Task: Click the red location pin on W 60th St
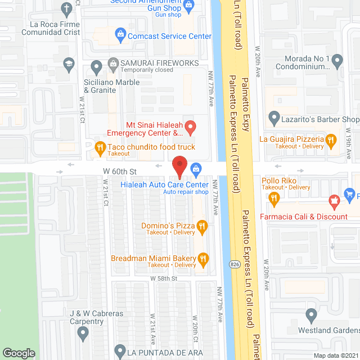pos(179,167)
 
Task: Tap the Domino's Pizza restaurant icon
pos(202,226)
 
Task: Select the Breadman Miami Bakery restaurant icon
pos(204,259)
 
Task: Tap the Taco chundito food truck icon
pos(100,147)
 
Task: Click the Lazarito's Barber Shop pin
pos(274,119)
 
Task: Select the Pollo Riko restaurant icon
pos(274,197)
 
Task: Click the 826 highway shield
pos(232,263)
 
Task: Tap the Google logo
pos(19,353)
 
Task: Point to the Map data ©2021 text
pos(335,355)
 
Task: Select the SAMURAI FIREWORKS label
pos(159,63)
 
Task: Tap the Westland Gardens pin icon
pos(310,314)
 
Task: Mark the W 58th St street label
pos(163,278)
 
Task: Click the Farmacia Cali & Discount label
pos(303,217)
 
